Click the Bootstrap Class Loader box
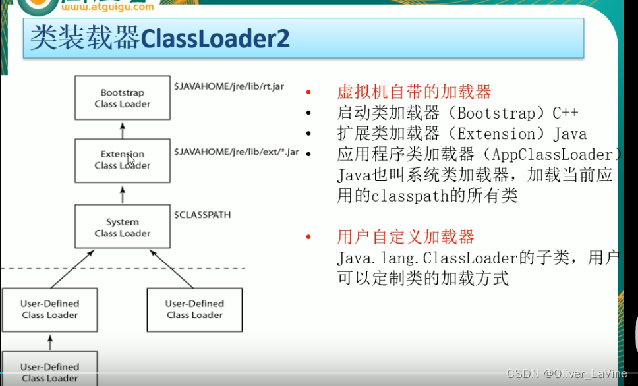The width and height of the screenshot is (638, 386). [122, 98]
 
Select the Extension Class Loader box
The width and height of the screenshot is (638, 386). [122, 160]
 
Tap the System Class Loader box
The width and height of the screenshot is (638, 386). [122, 227]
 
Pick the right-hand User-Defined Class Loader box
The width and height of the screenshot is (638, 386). [194, 309]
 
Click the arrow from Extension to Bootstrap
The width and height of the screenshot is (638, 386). [122, 130]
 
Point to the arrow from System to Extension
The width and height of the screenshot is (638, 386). [122, 194]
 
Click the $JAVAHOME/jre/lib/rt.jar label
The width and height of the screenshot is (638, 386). [229, 87]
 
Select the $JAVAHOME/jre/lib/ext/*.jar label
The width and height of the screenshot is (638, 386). [236, 152]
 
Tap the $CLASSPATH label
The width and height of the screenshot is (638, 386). [202, 215]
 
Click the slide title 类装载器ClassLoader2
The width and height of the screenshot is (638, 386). [160, 39]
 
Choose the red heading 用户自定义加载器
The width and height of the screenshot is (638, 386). [405, 237]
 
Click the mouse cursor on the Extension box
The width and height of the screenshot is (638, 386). [130, 160]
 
